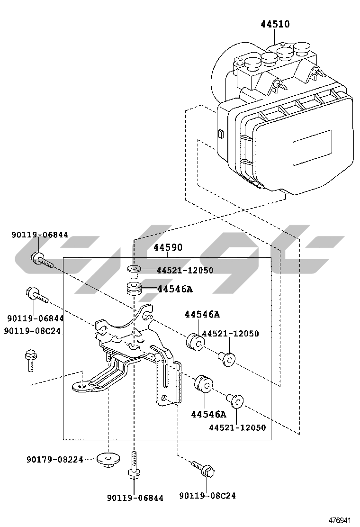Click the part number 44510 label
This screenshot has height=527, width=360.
[x=275, y=24]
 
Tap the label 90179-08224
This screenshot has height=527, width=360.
[x=55, y=459]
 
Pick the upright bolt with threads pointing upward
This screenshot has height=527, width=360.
[x=134, y=467]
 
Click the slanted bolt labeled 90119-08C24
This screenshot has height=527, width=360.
[x=203, y=469]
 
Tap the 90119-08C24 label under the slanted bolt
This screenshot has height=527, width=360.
[x=207, y=496]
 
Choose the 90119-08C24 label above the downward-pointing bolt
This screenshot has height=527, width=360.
[x=32, y=331]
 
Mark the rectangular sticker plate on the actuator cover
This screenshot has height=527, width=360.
[x=312, y=147]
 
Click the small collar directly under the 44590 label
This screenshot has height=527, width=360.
[x=134, y=271]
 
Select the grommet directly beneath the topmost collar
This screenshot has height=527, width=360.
[x=134, y=289]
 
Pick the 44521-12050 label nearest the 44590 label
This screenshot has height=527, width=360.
[x=185, y=271]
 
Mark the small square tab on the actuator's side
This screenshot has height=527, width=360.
[x=220, y=133]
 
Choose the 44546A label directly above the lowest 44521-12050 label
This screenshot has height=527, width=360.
[x=209, y=414]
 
